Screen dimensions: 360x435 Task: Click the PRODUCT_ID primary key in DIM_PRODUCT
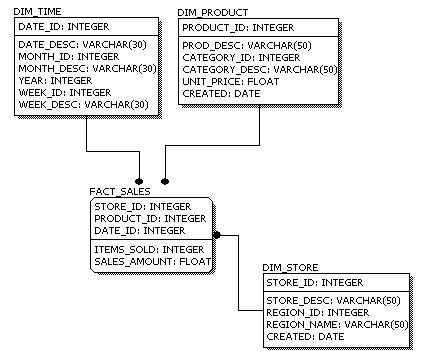pyautogui.click(x=238, y=28)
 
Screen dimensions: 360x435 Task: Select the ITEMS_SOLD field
pyautogui.click(x=149, y=249)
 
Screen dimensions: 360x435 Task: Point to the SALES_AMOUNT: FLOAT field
pyautogui.click(x=153, y=261)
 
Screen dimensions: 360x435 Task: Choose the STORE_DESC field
pyautogui.click(x=333, y=300)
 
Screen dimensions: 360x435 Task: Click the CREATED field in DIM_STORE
pyautogui.click(x=304, y=336)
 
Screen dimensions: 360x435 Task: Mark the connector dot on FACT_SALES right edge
pyautogui.click(x=217, y=234)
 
